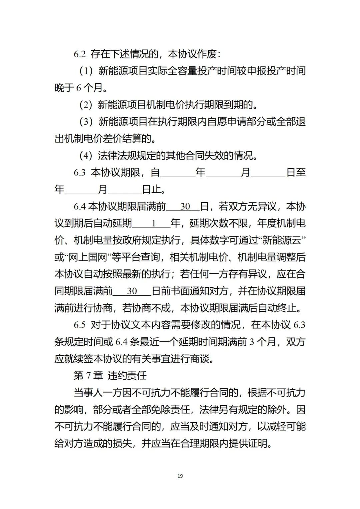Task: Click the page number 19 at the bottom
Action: [180, 476]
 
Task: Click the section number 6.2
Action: [80, 54]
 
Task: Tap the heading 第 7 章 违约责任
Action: [110, 376]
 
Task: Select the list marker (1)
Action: [86, 71]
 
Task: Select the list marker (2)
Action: [86, 105]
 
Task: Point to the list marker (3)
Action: [86, 122]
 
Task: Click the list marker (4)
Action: [86, 156]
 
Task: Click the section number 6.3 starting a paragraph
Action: [80, 173]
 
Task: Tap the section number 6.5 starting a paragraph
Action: [80, 325]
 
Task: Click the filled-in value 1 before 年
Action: [154, 223]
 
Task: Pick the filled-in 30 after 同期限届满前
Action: [132, 291]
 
